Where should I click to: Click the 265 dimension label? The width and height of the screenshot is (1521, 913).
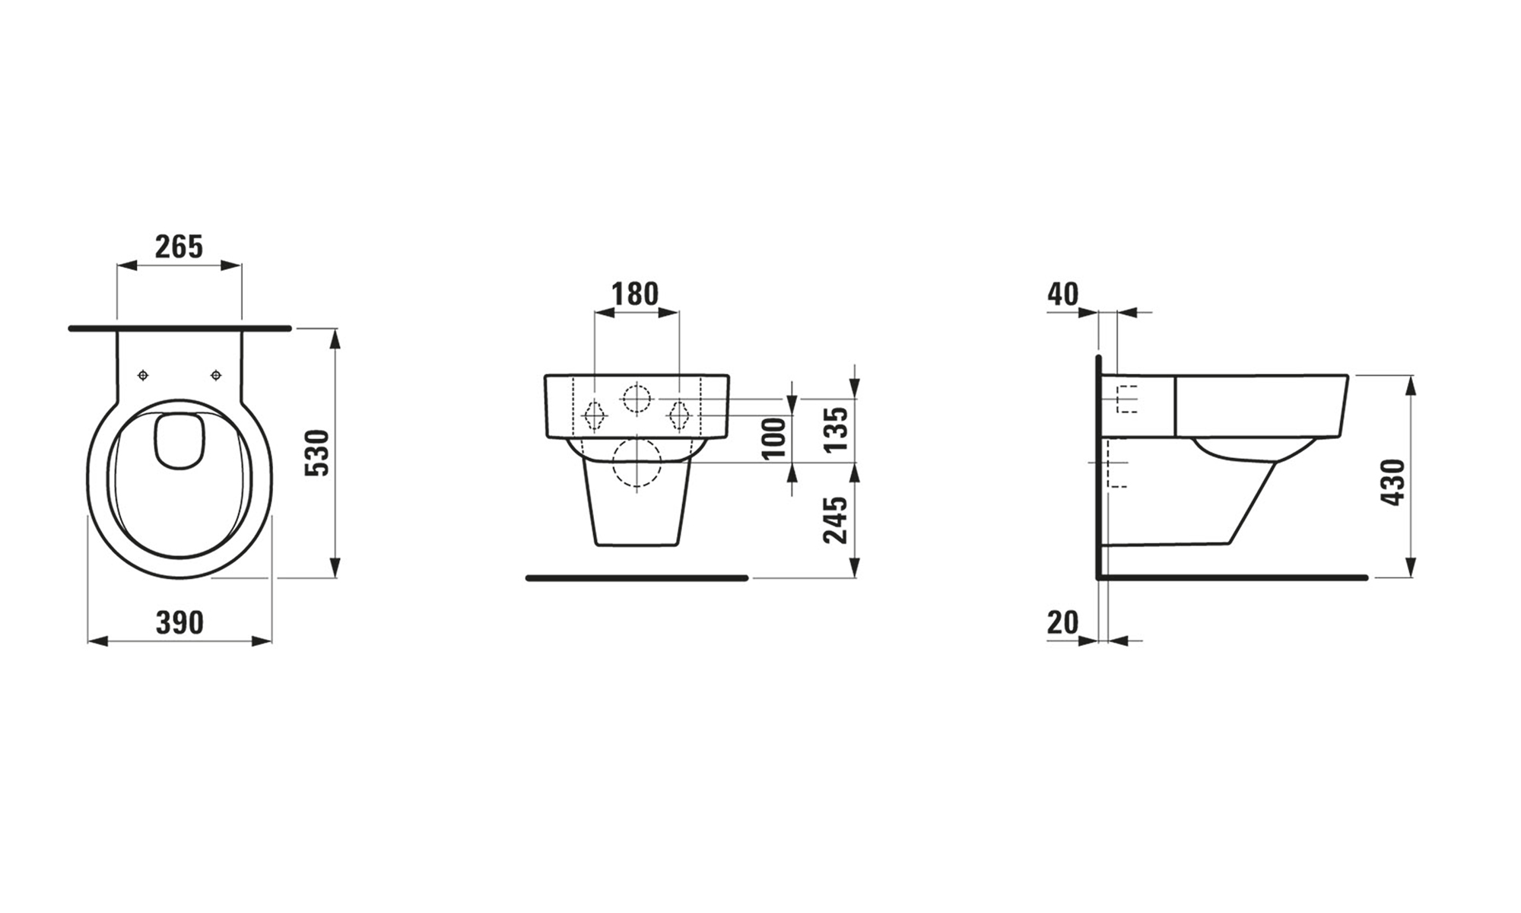coord(179,247)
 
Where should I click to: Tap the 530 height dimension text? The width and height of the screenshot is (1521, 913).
coord(317,453)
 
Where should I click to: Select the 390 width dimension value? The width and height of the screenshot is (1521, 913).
coord(180,623)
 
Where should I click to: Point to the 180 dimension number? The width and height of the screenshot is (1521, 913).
coord(636,294)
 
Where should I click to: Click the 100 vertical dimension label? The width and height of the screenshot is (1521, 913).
coord(774,437)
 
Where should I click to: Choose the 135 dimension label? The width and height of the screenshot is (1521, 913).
coord(837,429)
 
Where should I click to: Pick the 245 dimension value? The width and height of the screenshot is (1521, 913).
coord(837,520)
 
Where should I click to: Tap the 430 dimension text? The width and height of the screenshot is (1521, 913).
coord(1393,482)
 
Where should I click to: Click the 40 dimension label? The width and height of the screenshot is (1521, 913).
coord(1062,294)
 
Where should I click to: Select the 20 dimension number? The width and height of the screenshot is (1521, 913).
coord(1063,623)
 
